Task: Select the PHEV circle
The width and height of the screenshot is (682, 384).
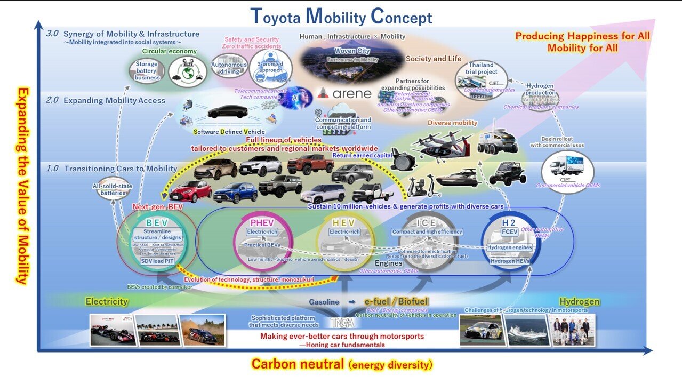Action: pos(262,243)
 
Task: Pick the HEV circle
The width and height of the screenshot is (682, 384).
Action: pos(345,243)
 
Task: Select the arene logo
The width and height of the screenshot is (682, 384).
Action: pos(344,94)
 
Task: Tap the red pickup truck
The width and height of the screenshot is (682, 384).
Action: pos(310,164)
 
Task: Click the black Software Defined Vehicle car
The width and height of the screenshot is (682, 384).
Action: pos(228,111)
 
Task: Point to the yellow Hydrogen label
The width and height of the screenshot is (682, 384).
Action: pos(579,301)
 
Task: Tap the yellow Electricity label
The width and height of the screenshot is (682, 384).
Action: pos(107,301)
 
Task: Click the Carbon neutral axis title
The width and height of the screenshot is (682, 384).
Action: pos(342,365)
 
